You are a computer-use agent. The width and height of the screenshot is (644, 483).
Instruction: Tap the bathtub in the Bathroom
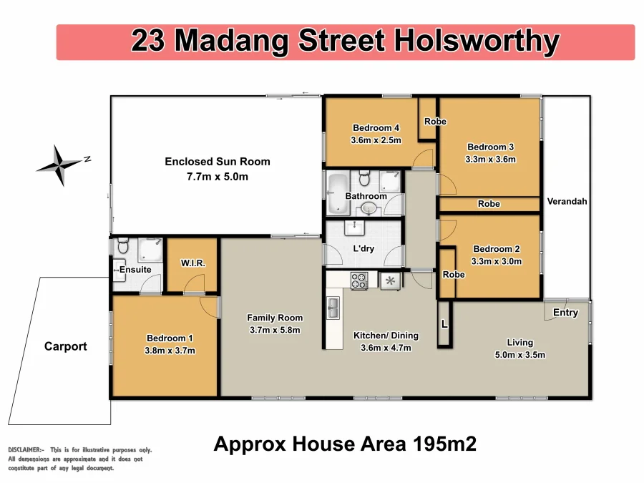[336, 193]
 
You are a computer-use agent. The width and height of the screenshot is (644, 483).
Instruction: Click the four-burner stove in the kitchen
[358, 281]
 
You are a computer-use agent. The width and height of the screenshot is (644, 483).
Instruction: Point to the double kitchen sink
[333, 308]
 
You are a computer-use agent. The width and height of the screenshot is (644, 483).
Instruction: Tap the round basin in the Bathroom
[368, 208]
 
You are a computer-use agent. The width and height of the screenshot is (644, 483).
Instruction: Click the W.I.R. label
[192, 263]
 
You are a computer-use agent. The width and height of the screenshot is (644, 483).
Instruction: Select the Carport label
[65, 346]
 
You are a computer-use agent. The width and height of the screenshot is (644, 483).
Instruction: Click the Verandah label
[567, 202]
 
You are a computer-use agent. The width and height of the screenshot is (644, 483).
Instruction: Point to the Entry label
[565, 313]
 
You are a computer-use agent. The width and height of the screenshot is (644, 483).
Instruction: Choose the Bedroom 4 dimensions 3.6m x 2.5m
[376, 140]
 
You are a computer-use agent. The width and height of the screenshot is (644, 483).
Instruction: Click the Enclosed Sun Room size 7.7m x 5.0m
[218, 176]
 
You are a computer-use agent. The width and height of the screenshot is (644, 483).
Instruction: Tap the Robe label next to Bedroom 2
[454, 275]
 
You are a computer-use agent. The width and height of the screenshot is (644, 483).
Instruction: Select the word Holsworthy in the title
[476, 41]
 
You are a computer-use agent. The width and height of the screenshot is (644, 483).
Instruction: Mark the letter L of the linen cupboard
[444, 324]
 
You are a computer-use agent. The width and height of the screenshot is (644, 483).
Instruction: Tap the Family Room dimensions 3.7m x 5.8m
[275, 330]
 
